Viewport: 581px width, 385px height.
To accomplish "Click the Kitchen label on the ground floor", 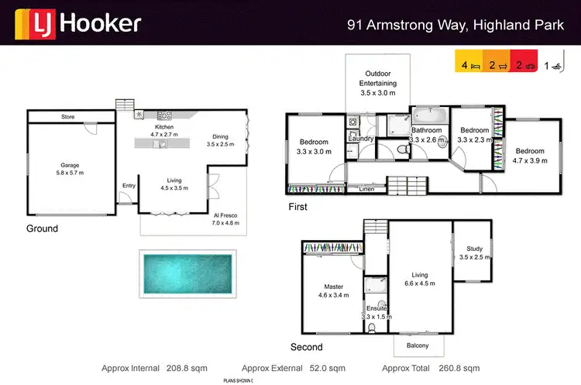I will (164, 127).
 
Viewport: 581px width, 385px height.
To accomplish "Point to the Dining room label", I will (220, 138).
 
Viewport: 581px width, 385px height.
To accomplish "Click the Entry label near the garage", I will (129, 185).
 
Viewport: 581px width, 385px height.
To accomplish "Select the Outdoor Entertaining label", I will (378, 78).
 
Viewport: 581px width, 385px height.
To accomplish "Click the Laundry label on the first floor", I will (361, 139).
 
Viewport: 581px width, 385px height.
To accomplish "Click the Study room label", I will (473, 249).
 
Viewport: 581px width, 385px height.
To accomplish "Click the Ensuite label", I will (376, 308).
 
